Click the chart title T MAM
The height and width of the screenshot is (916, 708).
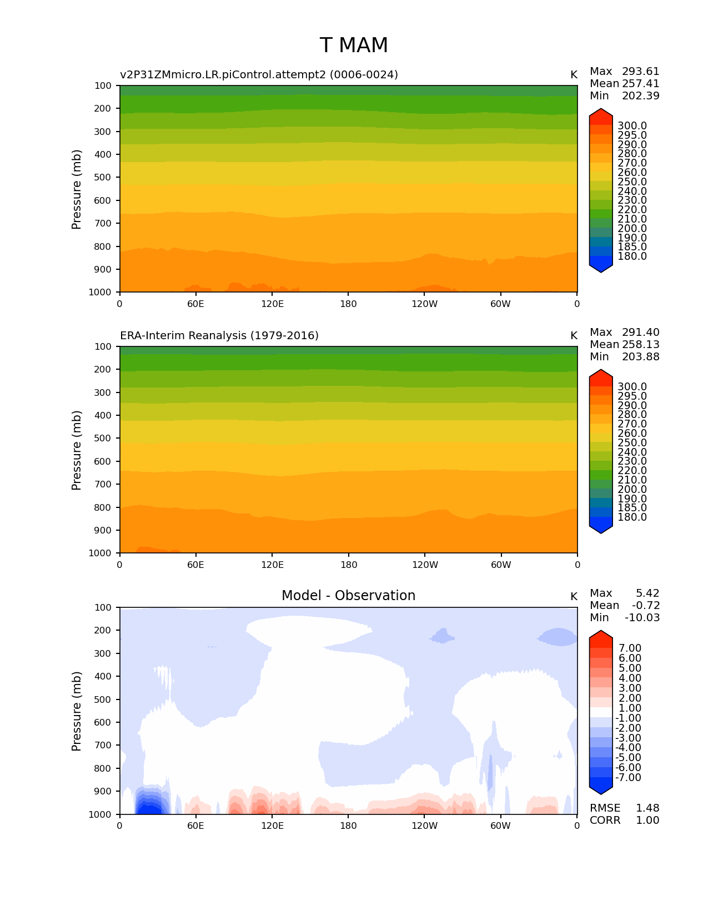click(354, 46)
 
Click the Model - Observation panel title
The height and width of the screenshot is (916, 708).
click(348, 596)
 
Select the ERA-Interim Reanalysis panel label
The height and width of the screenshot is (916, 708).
click(219, 336)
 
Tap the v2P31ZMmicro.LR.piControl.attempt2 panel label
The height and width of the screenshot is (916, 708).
click(259, 75)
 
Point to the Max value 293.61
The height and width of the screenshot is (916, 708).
click(640, 72)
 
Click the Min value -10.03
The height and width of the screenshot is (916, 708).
click(642, 618)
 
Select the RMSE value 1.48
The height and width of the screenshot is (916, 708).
click(647, 808)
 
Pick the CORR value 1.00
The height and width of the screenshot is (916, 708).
click(647, 821)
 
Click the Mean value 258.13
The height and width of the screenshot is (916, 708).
click(640, 345)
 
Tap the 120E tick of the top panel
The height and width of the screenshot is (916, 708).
click(272, 304)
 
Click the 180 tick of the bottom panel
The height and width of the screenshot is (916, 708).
click(348, 826)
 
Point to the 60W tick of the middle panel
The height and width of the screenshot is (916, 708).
click(501, 565)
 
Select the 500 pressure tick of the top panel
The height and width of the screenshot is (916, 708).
click(103, 178)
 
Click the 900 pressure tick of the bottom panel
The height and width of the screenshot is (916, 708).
click(103, 792)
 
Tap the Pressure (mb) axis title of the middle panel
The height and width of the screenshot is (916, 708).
click(77, 450)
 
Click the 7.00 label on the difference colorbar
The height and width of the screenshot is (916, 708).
click(630, 648)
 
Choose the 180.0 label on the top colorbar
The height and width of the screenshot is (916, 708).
click(632, 256)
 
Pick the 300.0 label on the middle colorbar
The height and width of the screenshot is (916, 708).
click(632, 387)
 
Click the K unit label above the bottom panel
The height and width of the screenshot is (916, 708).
click(574, 597)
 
